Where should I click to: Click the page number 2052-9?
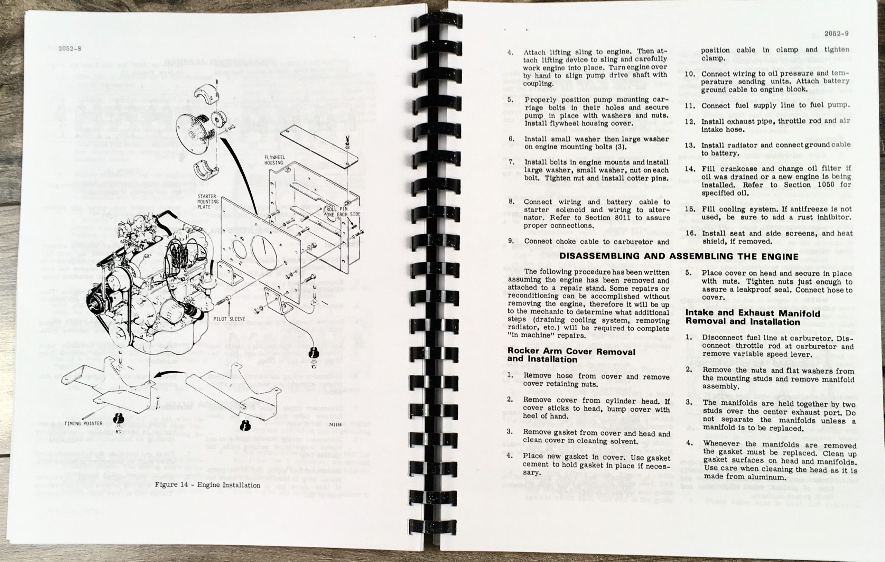click(x=837, y=34)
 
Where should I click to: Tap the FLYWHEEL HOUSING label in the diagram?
click(x=274, y=160)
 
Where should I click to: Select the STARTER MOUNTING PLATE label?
click(x=208, y=202)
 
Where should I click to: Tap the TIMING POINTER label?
click(x=83, y=423)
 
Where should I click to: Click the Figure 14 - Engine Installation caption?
click(x=207, y=485)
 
